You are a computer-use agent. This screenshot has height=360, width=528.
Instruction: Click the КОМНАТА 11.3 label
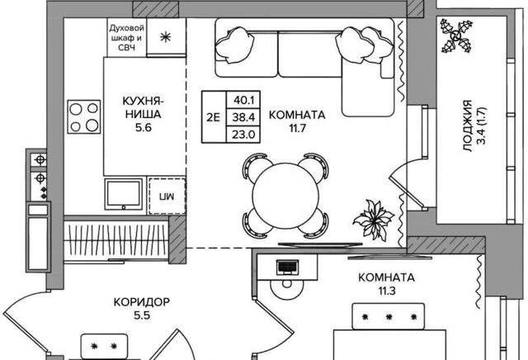point(387,285)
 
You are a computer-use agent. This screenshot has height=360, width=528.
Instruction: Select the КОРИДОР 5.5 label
point(142,309)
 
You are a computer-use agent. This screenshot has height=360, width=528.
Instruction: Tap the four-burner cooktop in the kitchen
point(83,117)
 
